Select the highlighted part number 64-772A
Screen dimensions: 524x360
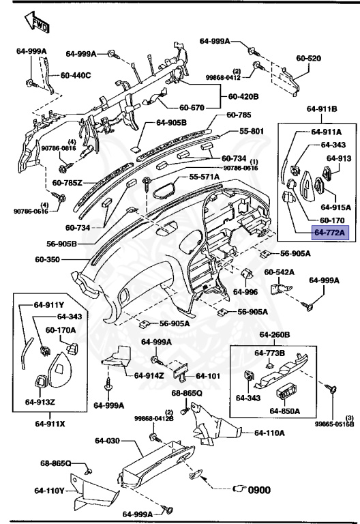(331, 233)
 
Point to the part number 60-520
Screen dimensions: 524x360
(308, 59)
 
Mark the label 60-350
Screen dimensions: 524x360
(49, 260)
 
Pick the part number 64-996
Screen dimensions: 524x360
(245, 292)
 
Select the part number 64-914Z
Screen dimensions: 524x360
(149, 375)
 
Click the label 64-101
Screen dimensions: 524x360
(207, 375)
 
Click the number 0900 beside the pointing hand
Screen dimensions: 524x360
(258, 489)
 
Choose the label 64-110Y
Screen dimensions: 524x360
(50, 491)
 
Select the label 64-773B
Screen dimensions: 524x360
(270, 353)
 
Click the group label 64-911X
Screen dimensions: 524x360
(50, 423)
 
